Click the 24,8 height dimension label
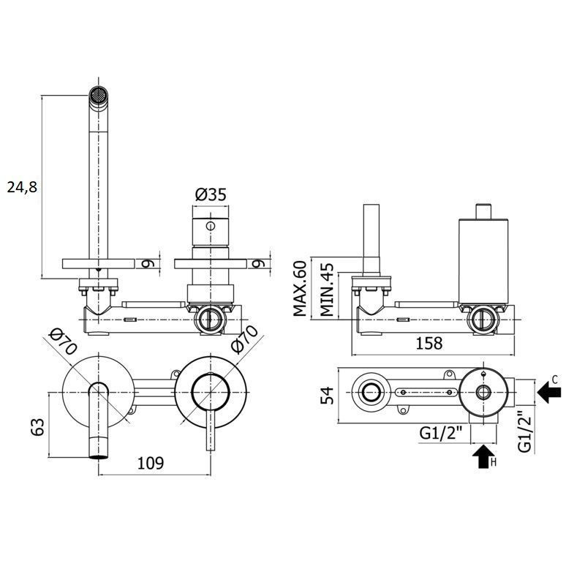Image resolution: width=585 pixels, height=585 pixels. [x=23, y=186]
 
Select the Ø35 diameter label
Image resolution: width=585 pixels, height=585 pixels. [x=211, y=195]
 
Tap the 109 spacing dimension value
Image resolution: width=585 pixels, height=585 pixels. [x=151, y=463]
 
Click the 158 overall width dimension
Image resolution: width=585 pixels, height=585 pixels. [x=429, y=343]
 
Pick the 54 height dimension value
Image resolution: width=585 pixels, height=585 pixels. [x=327, y=396]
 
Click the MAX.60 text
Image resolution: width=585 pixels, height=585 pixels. [x=300, y=288]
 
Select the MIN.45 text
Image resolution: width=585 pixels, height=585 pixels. [x=327, y=290]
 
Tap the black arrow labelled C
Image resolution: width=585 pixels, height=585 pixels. [x=550, y=392]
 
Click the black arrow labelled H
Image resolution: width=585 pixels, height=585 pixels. [x=484, y=456]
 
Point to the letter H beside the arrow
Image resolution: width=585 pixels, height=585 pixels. [x=494, y=463]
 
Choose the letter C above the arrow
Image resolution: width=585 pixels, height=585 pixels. [x=555, y=380]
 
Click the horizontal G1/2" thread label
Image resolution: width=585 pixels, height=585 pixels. [x=441, y=433]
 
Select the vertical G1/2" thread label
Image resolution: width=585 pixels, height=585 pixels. [x=525, y=431]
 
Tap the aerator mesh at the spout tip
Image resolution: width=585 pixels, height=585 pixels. [x=99, y=94]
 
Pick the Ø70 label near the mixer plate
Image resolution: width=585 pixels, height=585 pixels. [x=245, y=339]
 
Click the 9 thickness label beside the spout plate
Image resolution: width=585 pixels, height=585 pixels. [x=147, y=263]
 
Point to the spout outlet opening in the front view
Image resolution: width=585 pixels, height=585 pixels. [x=99, y=456]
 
